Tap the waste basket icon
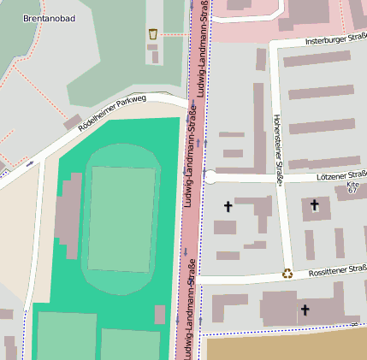coord(153,33)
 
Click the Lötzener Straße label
coord(340,176)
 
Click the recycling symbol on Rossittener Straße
coord(288,274)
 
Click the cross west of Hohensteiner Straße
coord(228,206)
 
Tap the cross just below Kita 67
coord(315,204)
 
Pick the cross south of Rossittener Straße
coord(304,310)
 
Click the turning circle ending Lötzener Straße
coord(210,177)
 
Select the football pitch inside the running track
coord(122,218)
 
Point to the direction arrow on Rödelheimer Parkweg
coord(31,162)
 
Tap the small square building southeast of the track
coord(160,314)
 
